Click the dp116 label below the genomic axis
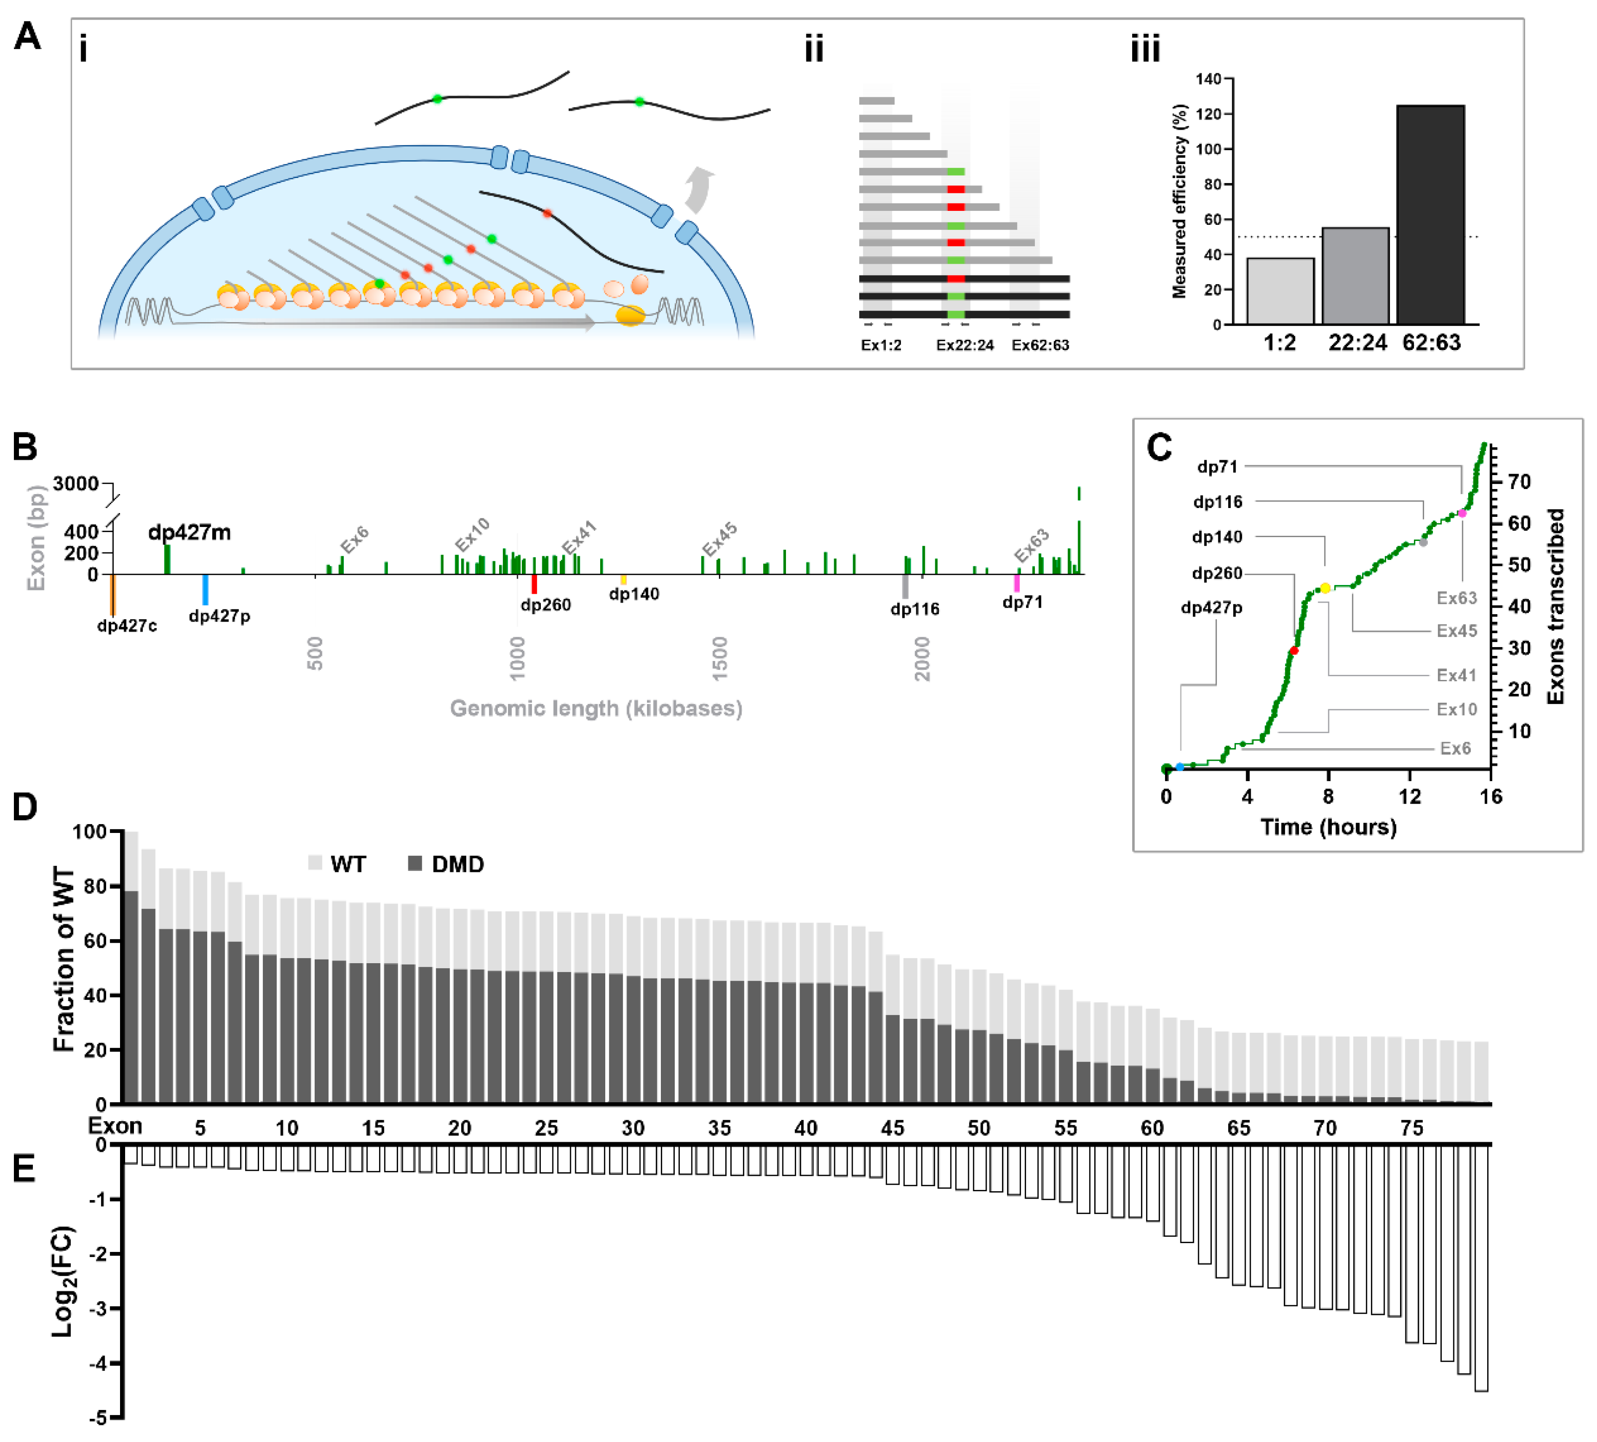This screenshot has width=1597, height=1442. tap(914, 609)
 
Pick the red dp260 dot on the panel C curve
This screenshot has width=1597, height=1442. tap(1293, 650)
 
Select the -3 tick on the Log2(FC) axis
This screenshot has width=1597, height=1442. tap(100, 1308)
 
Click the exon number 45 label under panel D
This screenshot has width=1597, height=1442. tap(892, 1127)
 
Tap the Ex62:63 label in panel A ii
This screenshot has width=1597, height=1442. tap(1039, 345)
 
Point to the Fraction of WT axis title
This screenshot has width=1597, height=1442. tap(63, 959)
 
